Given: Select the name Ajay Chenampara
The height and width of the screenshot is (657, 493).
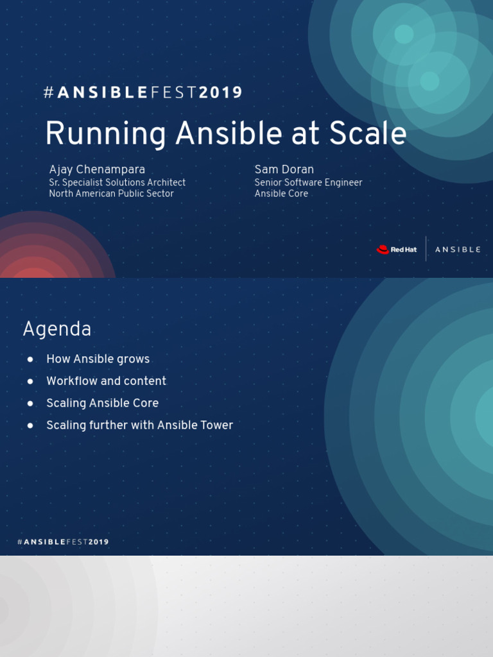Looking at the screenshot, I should coord(97,169).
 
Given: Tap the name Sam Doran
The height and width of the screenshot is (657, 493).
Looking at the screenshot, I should coord(284,169).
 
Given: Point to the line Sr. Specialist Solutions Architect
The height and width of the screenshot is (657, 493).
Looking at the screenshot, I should coord(117,182).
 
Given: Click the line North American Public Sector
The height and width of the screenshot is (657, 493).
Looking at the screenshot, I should coord(111,194).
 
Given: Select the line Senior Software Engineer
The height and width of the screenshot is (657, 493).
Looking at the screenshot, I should coord(308,182).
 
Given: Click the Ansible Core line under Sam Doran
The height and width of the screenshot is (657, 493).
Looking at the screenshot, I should coord(281,194).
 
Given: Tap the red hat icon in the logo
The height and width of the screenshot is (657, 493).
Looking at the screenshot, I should coord(383,250).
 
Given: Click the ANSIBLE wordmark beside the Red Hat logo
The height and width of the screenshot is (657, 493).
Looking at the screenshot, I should coord(458,250).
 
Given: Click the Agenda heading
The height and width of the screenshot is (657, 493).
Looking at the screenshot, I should coord(57,329).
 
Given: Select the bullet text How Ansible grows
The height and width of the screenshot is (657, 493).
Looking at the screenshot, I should coord(98,359).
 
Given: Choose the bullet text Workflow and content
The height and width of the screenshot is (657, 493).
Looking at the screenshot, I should coord(106,381).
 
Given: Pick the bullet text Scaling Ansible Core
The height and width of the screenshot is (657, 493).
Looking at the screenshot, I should coord(102,403).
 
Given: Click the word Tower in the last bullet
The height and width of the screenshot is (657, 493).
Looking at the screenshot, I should coord(216,425).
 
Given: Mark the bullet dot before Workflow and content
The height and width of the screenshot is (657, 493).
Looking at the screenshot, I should coord(30,381).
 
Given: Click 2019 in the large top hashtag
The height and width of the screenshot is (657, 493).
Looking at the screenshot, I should coord(221,92).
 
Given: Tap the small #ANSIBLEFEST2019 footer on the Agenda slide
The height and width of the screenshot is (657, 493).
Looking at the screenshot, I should coord(63,542).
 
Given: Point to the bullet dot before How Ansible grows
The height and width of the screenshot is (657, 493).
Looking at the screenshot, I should coord(30,359).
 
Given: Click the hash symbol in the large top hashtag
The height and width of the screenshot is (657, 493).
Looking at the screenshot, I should coord(49,92).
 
